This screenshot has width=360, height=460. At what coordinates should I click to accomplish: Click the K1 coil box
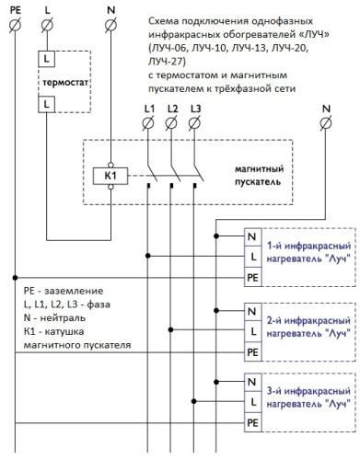(x=110, y=174)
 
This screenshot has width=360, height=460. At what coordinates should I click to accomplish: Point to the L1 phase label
(x=149, y=110)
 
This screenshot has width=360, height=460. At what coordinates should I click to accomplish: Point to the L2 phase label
(x=172, y=110)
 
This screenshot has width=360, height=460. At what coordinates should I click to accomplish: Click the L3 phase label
(x=194, y=110)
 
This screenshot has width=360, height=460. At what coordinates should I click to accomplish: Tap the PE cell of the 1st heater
(x=252, y=276)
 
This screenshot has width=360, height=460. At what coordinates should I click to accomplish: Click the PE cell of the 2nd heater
(x=252, y=351)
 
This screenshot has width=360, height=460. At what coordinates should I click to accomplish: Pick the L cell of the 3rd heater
(x=252, y=402)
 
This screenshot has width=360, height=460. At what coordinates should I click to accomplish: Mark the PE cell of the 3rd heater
(x=252, y=422)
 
